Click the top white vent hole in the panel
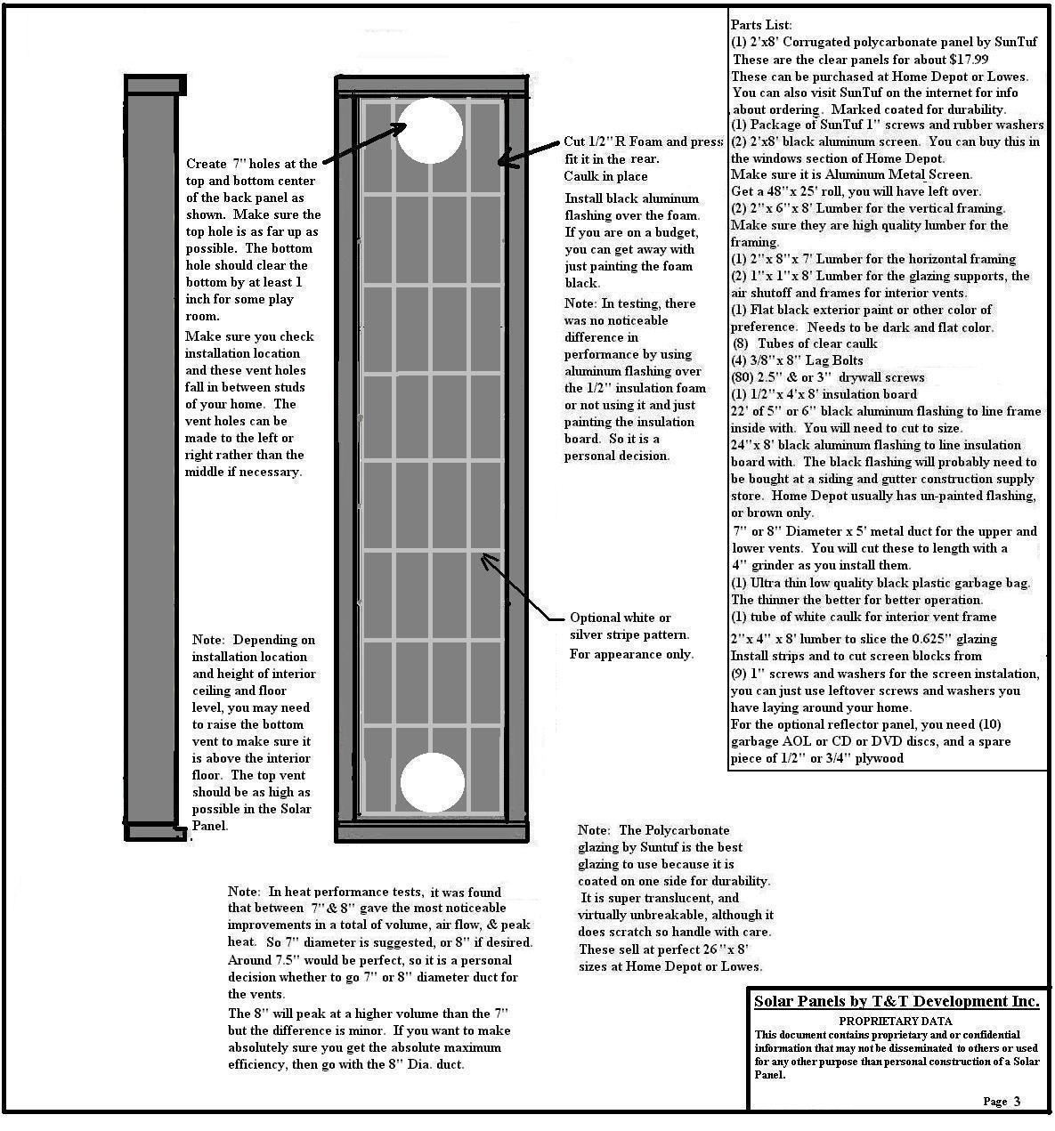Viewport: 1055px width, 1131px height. point(430,131)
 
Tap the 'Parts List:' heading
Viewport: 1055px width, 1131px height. point(761,25)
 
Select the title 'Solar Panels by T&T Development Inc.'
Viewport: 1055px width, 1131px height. point(897,1002)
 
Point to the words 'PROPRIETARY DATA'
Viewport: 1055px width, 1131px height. point(896,1022)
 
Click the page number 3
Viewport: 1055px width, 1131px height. point(1017,1102)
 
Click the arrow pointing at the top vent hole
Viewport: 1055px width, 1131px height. point(361,145)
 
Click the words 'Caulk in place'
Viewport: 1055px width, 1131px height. point(606,176)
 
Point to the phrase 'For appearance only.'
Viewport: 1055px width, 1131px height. point(631,654)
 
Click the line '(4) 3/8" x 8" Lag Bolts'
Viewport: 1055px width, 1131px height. point(797,360)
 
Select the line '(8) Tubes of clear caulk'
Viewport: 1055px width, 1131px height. point(805,343)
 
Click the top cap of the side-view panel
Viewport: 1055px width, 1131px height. point(155,85)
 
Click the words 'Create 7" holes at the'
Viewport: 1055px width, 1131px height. point(252,164)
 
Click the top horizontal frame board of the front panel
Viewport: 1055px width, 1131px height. point(431,85)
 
